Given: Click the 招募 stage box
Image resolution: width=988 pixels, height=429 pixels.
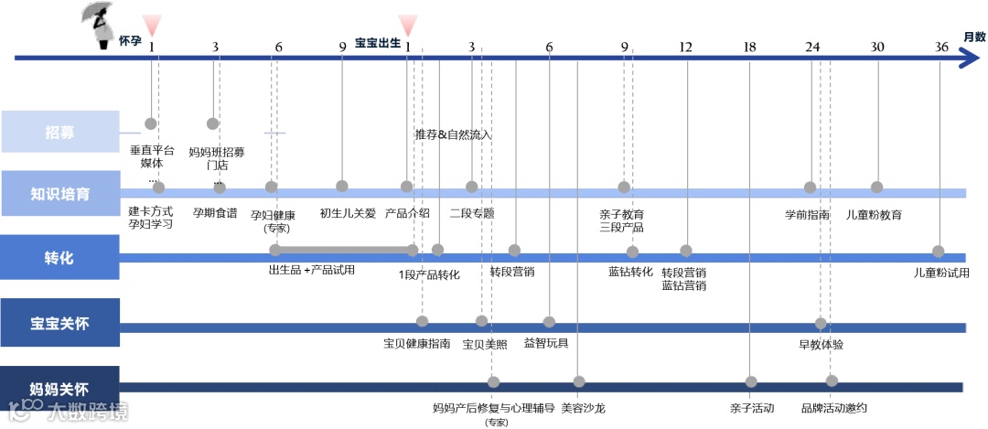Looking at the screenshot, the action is [x=60, y=133].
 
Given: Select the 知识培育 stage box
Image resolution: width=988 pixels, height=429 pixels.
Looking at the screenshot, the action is [x=60, y=193].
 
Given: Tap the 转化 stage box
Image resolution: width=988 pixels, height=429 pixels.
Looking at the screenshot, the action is [x=60, y=257].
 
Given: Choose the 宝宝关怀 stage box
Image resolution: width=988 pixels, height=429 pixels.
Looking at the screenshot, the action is [x=60, y=323].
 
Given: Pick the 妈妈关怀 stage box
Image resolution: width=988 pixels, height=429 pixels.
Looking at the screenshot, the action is [x=60, y=388].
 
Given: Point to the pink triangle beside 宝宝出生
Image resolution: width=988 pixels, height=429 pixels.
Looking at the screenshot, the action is [x=408, y=24].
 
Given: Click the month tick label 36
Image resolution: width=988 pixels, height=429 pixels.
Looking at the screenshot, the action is [x=941, y=48].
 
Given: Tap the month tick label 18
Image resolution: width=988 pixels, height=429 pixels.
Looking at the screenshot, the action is [x=750, y=48].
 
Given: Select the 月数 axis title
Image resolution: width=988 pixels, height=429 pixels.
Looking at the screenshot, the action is [x=973, y=38].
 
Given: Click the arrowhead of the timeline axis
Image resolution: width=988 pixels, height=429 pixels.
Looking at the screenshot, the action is [x=968, y=59].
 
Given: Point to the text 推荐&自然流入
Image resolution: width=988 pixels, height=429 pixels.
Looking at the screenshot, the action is [x=453, y=134].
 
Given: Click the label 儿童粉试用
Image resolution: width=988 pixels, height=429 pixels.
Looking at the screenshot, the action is [x=941, y=273].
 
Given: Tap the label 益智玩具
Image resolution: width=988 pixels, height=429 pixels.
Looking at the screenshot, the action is [x=546, y=343].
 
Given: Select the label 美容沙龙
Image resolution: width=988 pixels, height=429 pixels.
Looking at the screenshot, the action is [x=583, y=408].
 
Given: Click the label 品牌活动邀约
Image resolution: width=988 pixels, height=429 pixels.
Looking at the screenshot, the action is [x=833, y=408].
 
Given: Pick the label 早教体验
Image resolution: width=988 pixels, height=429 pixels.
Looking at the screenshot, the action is [x=821, y=345].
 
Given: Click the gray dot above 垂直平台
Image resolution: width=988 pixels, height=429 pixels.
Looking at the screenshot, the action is [x=151, y=123].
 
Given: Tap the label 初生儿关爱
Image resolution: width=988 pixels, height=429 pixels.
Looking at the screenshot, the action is [x=348, y=213].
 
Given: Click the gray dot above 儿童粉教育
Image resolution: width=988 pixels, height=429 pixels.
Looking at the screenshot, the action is [x=876, y=188].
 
